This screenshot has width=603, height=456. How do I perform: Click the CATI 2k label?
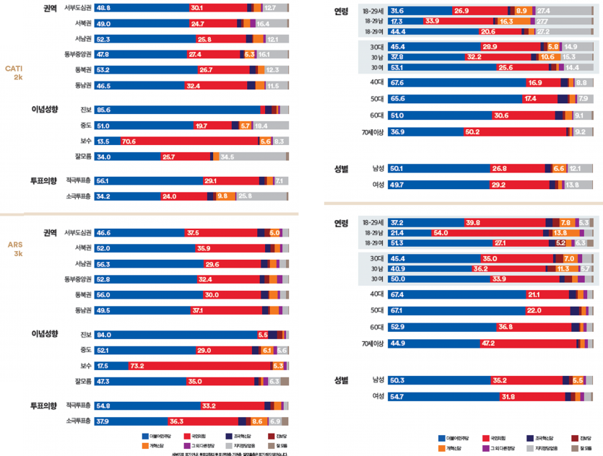(x=14, y=73)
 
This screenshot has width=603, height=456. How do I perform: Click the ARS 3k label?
(x=14, y=250)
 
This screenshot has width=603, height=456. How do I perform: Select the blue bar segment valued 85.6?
(x=178, y=109)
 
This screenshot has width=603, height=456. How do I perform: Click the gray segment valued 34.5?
(x=250, y=157)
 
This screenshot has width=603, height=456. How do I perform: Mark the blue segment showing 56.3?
(x=147, y=264)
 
